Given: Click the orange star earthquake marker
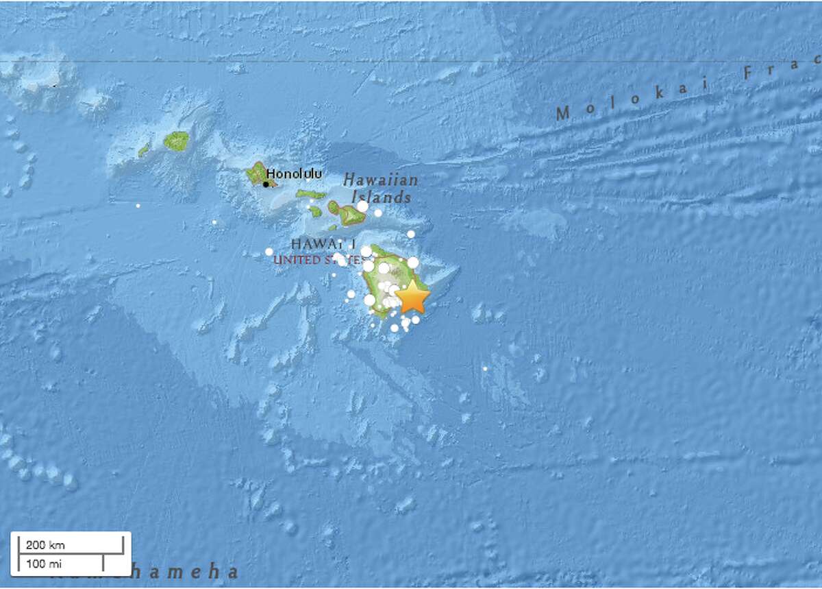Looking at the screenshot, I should [413, 298].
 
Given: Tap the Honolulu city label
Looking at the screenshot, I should [294, 174].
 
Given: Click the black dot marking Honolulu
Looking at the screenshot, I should [266, 184].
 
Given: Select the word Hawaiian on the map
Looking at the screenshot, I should [380, 180].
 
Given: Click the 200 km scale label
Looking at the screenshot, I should [46, 545].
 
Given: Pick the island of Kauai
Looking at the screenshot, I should [177, 141].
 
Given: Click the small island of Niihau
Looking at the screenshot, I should [144, 149].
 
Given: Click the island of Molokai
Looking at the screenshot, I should [312, 195].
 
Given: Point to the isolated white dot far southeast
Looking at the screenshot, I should [485, 369].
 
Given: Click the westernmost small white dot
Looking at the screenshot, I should [138, 205].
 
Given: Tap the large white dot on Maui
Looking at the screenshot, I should [362, 206].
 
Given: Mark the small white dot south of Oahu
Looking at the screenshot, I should [214, 222].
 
